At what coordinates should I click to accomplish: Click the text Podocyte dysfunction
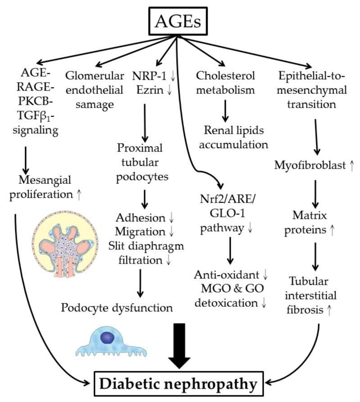pyautogui.click(x=117, y=308)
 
